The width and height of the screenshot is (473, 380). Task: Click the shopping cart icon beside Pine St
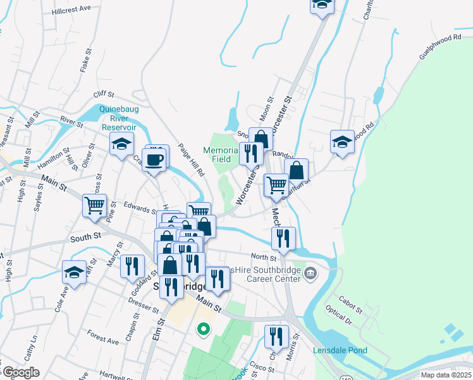pyautogui.click(x=94, y=205)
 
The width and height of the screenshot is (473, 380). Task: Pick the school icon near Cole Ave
pyautogui.click(x=75, y=273)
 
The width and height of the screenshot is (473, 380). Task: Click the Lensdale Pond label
pyautogui.click(x=338, y=350)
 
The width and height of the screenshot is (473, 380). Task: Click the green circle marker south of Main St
pyautogui.click(x=203, y=329)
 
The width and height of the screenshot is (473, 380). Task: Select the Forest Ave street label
pyautogui.click(x=103, y=340)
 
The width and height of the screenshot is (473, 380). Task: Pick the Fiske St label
pyautogui.click(x=83, y=63)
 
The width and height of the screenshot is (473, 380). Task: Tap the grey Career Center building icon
pyautogui.click(x=310, y=273)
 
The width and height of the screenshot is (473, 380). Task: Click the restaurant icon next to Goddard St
pyautogui.click(x=132, y=265)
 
